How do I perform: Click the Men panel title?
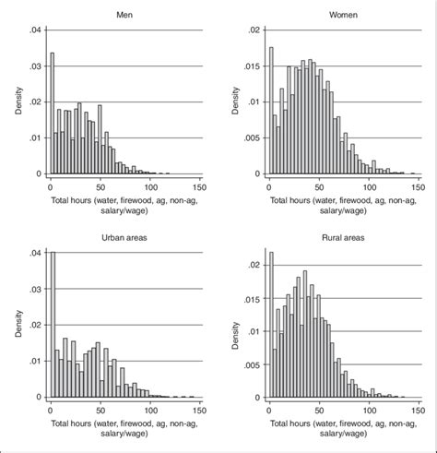[123, 15]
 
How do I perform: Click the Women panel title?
[343, 15]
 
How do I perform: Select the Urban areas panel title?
[123, 240]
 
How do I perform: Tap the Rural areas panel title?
[343, 240]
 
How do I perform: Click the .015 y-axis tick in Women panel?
[252, 66]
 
